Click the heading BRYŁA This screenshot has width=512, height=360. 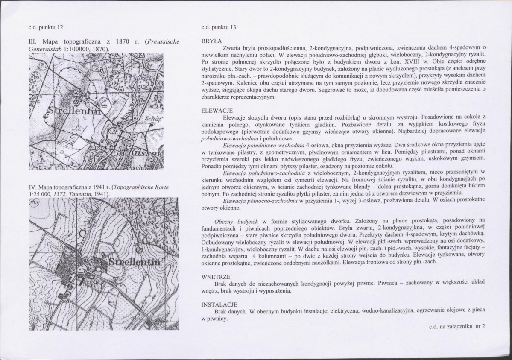212,41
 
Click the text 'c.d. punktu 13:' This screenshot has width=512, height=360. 219,27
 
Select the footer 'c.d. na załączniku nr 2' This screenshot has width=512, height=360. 457,326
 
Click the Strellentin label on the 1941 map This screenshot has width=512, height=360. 134,262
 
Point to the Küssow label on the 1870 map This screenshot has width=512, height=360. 146,152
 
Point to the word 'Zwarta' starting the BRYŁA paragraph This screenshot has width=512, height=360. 231,47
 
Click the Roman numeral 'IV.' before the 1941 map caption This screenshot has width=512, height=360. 32,187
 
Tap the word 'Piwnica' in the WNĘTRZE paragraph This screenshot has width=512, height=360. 387,283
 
